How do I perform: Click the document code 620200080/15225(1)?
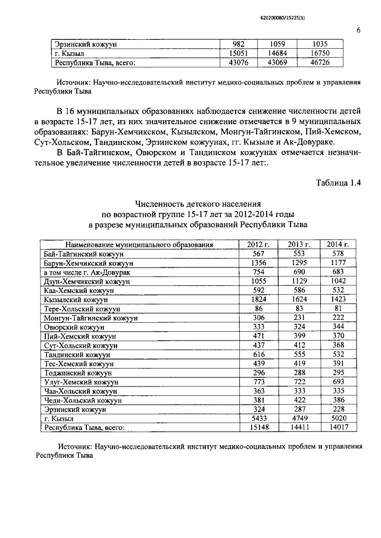click(332, 19)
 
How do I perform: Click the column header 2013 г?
click(299, 244)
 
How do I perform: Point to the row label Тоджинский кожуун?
click(80, 373)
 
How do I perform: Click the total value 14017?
click(338, 427)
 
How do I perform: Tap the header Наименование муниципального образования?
click(139, 244)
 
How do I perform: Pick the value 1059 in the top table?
click(279, 44)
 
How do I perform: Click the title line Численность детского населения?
click(198, 204)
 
